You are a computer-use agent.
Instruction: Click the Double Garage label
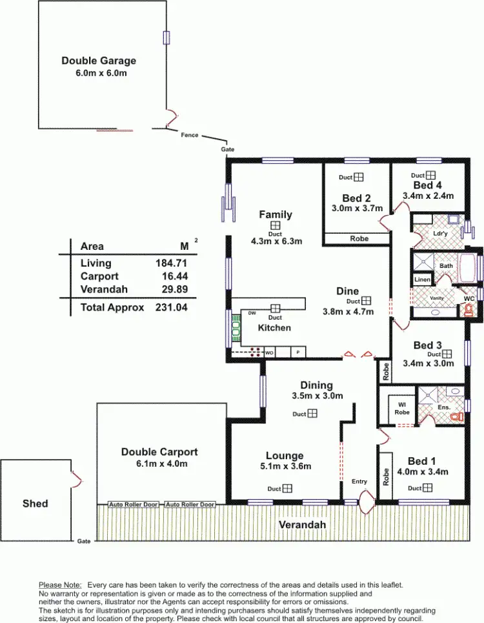[99, 61]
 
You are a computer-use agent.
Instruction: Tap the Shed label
[35, 503]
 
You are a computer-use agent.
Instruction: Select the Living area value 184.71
[171, 263]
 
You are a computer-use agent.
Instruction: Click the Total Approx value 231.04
[171, 308]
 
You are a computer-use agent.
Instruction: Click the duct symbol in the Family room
[276, 225]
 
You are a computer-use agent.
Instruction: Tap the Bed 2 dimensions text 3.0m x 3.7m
[356, 209]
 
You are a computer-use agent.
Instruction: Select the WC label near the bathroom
[469, 299]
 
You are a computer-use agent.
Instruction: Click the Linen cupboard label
[422, 280]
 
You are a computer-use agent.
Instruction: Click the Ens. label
[443, 407]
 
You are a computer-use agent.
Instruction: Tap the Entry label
[359, 482]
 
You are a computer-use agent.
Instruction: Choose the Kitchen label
[274, 327]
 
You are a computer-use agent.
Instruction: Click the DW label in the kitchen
[252, 313]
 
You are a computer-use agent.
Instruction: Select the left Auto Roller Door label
[134, 504]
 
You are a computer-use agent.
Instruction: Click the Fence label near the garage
[190, 135]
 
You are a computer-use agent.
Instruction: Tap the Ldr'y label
[441, 232]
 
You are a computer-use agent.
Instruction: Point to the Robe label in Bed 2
[359, 239]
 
